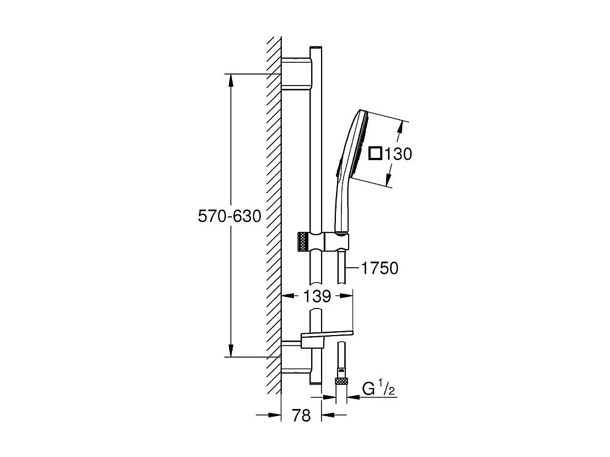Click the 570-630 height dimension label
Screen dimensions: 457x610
229,216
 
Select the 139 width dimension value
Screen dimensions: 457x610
317,296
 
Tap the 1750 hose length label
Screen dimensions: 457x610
378,269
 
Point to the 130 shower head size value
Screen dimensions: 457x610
398,154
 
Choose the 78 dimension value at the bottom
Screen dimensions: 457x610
301,416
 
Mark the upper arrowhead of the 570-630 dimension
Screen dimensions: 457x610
232,79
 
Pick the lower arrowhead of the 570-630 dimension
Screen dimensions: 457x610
232,350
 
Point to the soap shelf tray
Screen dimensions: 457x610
326,334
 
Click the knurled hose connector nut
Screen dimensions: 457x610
340,381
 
